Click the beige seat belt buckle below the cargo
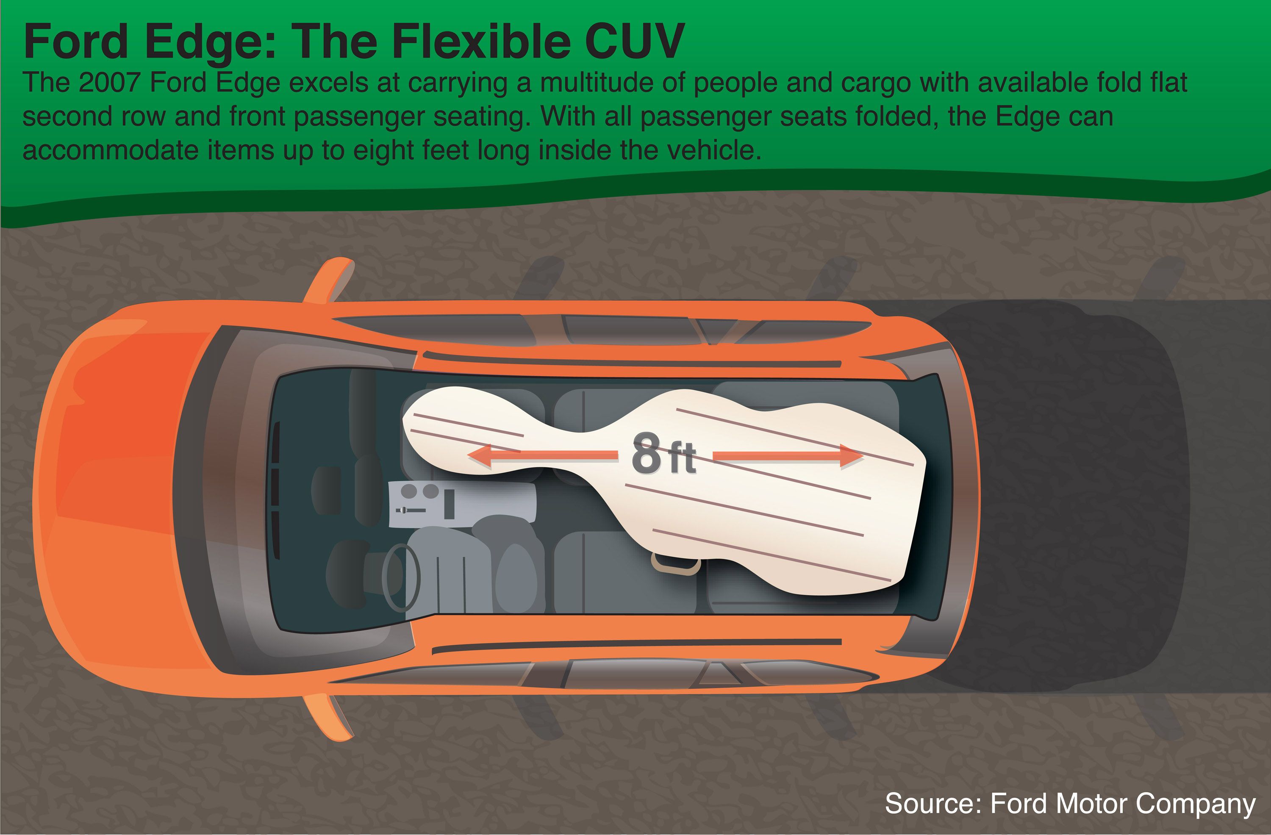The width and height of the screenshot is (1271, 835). pyautogui.click(x=674, y=564)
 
